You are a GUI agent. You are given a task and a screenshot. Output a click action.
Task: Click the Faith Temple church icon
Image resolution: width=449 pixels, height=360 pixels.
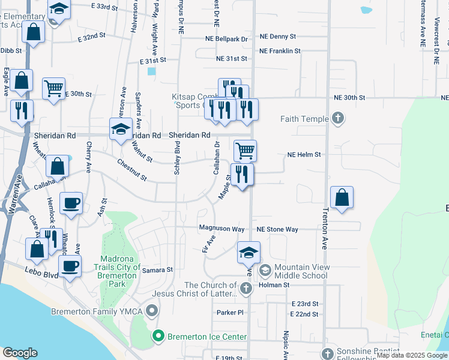[338, 118]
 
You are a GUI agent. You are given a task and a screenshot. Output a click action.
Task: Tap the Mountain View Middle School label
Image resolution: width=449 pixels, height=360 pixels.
[300, 271]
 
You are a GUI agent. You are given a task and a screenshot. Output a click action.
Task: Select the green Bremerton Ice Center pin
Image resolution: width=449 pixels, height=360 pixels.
[158, 335]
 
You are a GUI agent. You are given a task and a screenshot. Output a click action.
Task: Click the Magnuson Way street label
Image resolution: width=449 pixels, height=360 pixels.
[221, 229]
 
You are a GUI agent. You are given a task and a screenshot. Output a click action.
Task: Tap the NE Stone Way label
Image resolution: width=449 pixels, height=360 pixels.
[277, 229]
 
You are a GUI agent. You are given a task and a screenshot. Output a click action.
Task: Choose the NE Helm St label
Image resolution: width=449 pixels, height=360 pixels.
[304, 154]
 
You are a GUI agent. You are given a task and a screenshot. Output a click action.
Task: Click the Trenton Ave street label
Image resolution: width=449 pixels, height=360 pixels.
[325, 229]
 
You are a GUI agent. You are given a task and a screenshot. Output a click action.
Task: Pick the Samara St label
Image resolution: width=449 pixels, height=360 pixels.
[157, 270]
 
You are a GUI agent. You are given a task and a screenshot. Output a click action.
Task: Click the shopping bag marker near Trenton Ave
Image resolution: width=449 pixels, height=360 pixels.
[342, 197]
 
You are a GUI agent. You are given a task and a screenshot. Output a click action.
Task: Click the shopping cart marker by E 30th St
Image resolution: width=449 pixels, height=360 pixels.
[53, 89]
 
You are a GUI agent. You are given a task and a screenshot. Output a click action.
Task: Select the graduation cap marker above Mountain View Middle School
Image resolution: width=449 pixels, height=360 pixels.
[249, 253]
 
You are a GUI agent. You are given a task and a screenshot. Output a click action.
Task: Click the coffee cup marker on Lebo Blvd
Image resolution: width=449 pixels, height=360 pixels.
[70, 266]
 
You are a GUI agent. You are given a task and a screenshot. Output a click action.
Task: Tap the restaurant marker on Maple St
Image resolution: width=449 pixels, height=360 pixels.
[243, 175]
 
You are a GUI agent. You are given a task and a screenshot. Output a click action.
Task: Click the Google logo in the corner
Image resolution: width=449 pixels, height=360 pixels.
[20, 353]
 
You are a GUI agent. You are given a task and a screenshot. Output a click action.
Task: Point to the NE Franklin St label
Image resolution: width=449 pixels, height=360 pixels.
[280, 51]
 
